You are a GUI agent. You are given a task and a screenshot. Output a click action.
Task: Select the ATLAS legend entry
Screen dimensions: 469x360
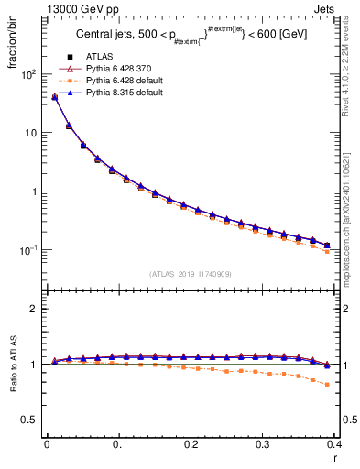pos(98,56)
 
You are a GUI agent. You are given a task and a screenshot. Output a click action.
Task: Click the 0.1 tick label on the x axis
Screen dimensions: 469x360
pos(119,443)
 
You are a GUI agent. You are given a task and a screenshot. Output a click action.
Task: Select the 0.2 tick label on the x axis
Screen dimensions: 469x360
pos(191,443)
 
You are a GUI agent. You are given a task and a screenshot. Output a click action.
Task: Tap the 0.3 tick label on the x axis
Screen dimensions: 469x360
pos(263,443)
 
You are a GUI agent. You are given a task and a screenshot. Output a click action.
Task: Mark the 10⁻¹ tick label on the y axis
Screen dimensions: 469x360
pos(28,250)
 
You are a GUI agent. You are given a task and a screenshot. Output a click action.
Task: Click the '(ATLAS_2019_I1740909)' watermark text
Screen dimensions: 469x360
pos(191,274)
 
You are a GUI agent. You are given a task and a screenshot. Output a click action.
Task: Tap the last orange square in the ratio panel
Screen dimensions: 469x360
pos(327,385)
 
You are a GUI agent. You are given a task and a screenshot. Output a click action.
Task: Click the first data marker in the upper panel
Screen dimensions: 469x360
pos(54,97)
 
